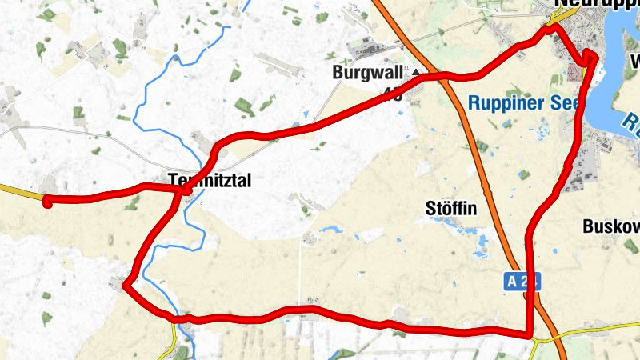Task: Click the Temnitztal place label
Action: tap(210, 182)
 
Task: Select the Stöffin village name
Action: tap(451, 210)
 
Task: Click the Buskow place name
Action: tap(610, 226)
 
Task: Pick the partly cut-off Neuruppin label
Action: tap(596, 4)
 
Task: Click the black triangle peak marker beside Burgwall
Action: tap(416, 73)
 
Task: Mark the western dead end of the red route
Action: tap(47, 200)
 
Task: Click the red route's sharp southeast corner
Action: tap(530, 334)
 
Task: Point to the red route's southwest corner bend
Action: tap(126, 284)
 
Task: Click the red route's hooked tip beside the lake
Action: tap(590, 54)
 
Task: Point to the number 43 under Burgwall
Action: tap(394, 94)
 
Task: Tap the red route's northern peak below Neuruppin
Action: tap(550, 28)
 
